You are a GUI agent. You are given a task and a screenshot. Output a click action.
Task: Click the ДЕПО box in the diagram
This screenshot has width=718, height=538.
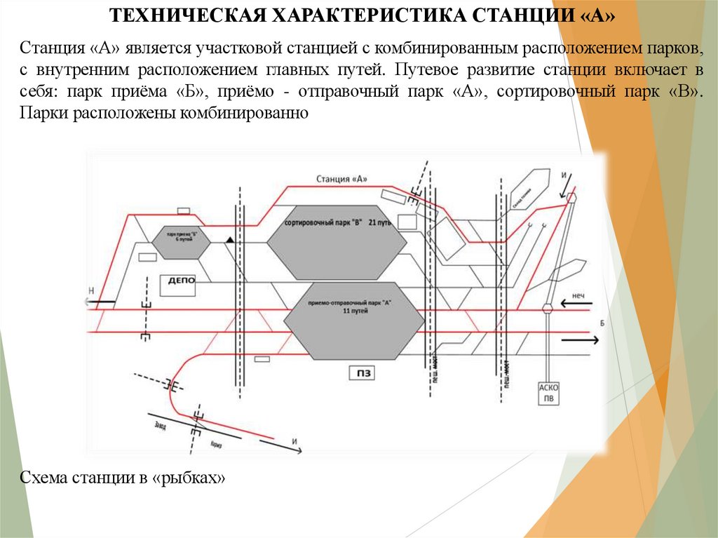pos(182,281)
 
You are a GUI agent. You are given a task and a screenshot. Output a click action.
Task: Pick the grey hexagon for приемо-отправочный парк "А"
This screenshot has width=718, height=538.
pos(354,323)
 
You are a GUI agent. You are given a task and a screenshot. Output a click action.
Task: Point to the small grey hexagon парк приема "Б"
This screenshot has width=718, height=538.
pos(182,240)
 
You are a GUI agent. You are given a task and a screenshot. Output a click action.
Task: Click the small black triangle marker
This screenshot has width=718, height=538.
pos(229,241)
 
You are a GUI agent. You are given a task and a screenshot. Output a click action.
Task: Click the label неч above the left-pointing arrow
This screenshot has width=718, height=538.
pos(578,297)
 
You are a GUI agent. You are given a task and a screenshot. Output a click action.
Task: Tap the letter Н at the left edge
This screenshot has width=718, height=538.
pos(90,290)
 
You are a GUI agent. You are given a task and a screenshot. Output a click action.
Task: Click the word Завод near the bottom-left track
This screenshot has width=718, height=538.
pos(158,424)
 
